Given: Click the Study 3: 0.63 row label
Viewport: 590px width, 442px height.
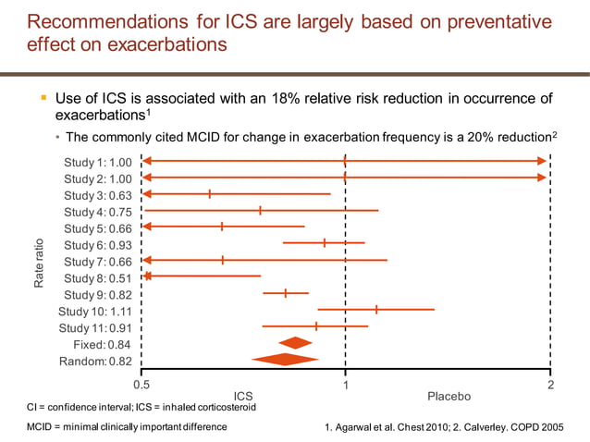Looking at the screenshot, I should click(x=98, y=195).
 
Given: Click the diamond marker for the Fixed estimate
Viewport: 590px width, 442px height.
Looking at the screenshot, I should click(x=296, y=343).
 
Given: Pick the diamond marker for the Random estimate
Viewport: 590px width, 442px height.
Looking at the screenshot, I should click(x=286, y=360).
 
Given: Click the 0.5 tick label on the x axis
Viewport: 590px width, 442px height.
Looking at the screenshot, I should click(x=142, y=383).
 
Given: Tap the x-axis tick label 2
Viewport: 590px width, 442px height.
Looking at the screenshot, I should click(x=550, y=383).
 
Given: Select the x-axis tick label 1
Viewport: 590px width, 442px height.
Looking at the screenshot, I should click(x=345, y=383).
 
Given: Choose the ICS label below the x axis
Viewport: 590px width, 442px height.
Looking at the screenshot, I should click(x=243, y=396).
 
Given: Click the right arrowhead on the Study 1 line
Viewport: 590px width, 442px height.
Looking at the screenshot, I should click(x=542, y=161).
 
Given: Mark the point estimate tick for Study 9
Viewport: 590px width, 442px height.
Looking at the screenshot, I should click(x=286, y=293).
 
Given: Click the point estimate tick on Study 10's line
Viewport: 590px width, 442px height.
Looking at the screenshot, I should click(x=376, y=310).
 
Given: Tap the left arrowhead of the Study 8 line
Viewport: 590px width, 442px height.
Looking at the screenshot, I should click(x=146, y=276).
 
